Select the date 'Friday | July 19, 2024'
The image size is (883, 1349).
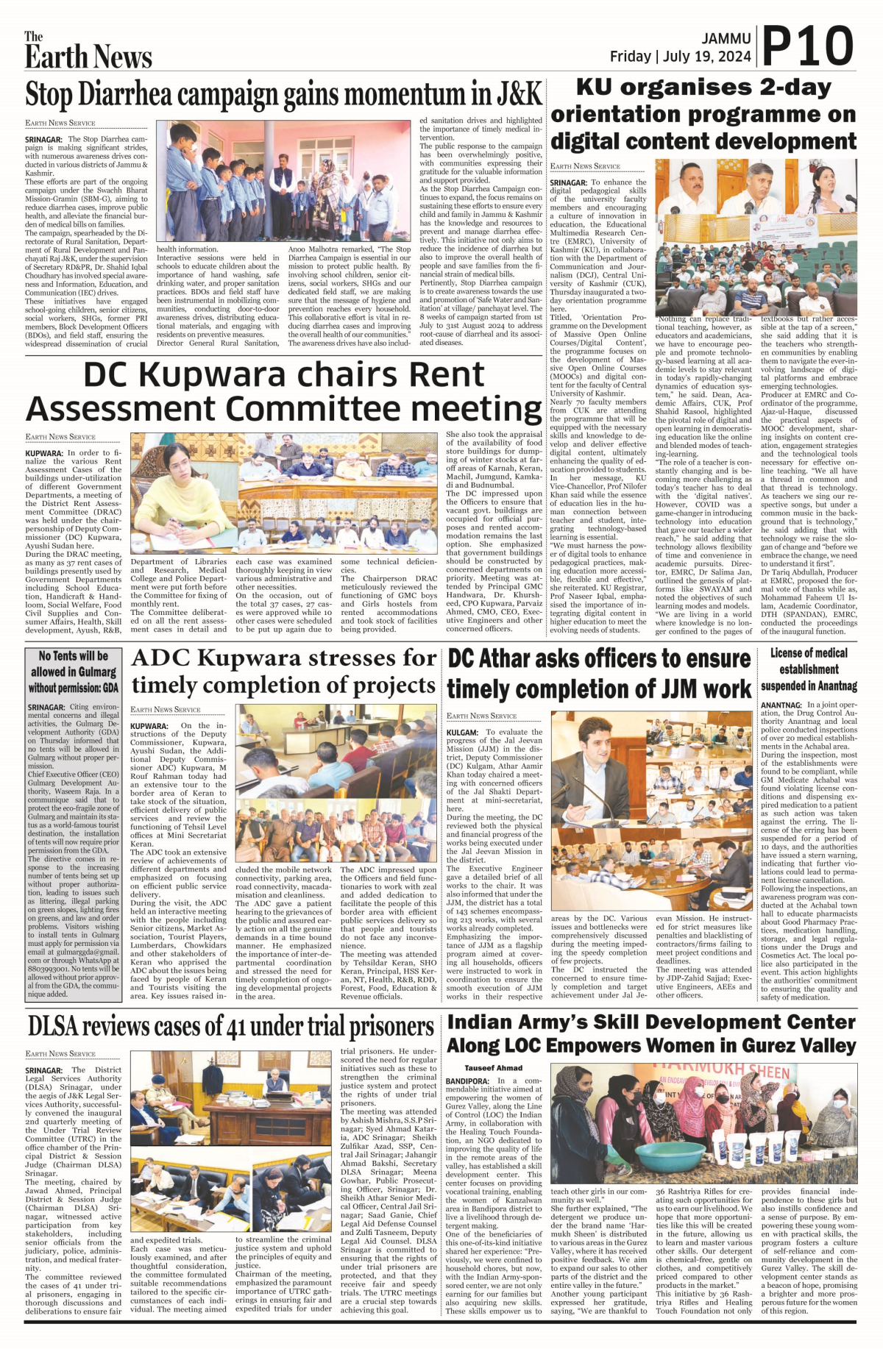[680, 57]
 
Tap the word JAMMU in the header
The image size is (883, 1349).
[726, 38]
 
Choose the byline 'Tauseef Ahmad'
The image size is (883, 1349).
[493, 1067]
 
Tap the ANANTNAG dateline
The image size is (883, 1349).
[781, 705]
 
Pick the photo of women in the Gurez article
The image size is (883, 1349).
[703, 1123]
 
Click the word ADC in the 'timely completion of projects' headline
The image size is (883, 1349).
[160, 658]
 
